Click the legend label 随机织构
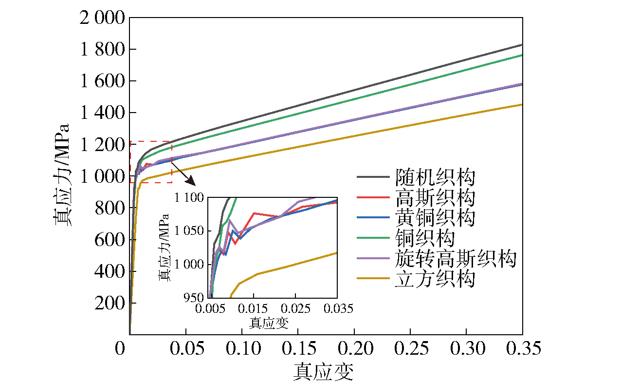[x=435, y=177]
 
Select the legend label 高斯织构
[x=435, y=198]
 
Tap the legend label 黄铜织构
[x=435, y=218]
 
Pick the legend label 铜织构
[x=425, y=238]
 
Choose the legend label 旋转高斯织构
[x=455, y=259]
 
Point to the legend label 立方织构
[x=435, y=279]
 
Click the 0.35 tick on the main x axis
[x=522, y=349]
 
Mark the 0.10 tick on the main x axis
[x=242, y=349]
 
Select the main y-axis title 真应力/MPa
[x=62, y=175]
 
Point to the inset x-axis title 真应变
[x=269, y=323]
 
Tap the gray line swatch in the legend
[x=373, y=177]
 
